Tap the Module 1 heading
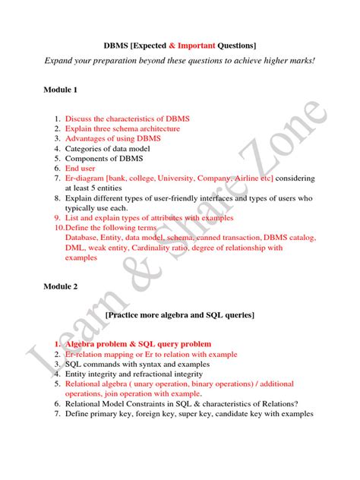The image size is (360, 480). pyautogui.click(x=61, y=90)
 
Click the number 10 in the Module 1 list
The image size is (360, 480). pyautogui.click(x=58, y=228)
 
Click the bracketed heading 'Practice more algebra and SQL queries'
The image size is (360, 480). pyautogui.click(x=180, y=314)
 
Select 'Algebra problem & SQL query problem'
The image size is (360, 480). pyautogui.click(x=138, y=344)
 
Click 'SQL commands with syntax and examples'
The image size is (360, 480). pyautogui.click(x=137, y=364)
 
